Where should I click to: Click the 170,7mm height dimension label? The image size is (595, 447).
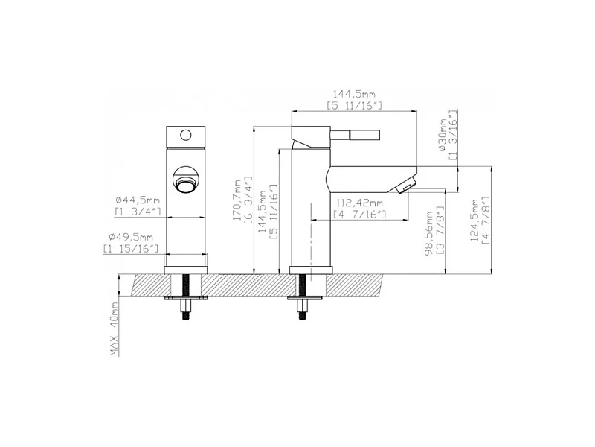237,200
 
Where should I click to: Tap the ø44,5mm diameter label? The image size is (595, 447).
138,200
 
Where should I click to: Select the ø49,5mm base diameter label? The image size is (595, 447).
131,238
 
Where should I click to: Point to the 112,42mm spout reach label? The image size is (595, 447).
358,203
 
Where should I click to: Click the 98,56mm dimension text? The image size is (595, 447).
429,233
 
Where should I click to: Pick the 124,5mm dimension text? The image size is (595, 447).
475,219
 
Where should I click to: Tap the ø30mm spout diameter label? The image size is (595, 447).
443,135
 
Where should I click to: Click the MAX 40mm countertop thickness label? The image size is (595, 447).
115,329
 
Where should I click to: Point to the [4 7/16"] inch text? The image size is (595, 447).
359,215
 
